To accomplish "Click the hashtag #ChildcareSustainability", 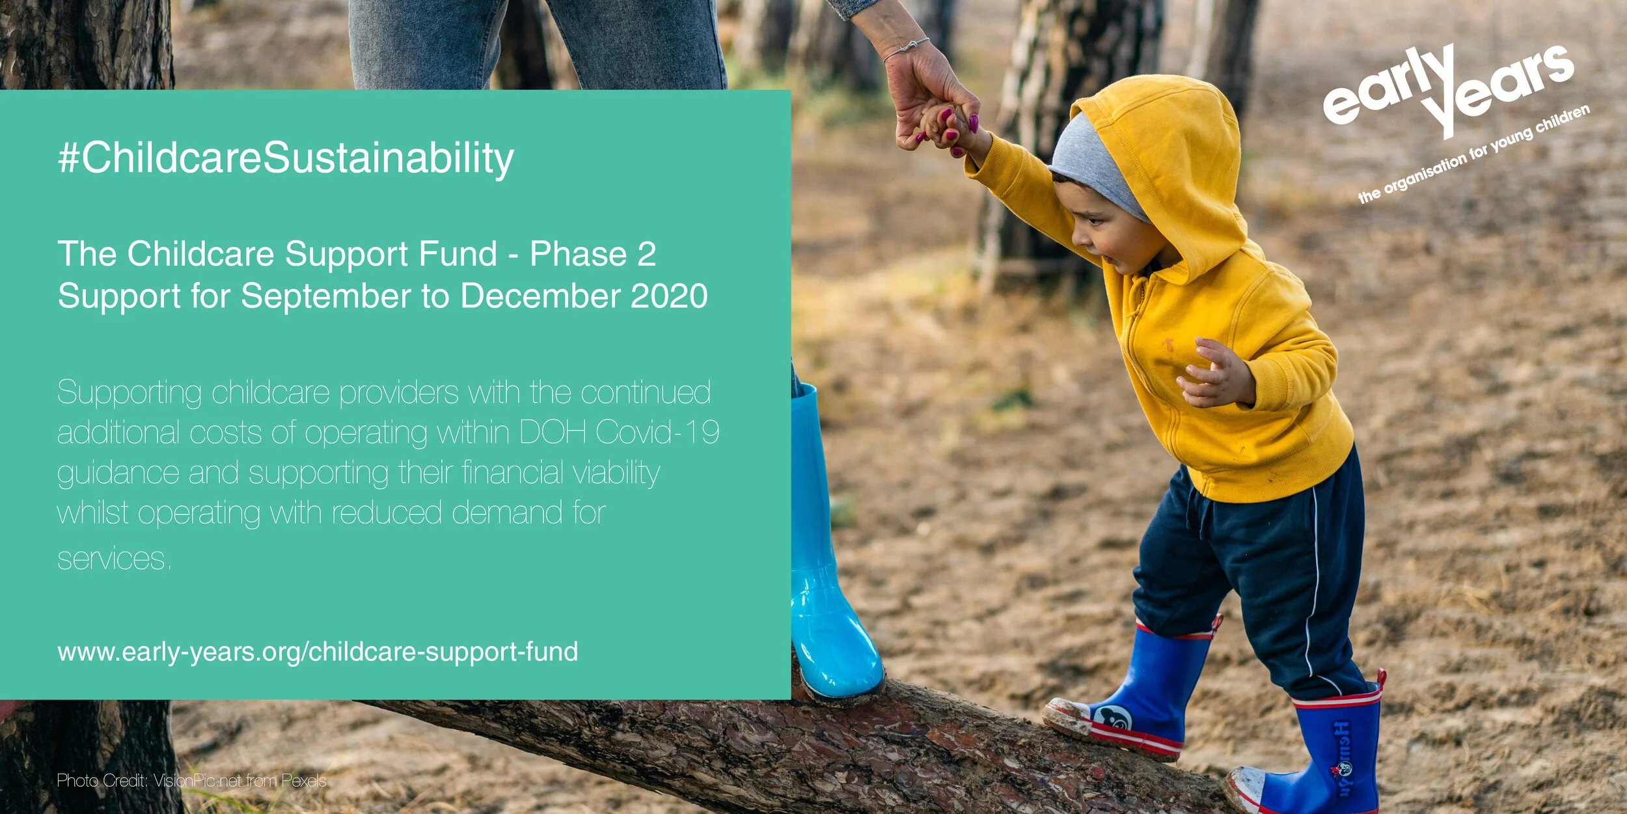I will click(286, 158).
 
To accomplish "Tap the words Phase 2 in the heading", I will click(592, 254).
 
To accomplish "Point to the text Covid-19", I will click(657, 432).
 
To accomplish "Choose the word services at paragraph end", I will click(114, 559).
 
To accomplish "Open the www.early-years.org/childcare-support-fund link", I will click(318, 652).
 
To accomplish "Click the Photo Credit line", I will click(191, 781).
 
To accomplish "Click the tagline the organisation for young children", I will click(1474, 155).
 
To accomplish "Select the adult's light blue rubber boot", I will click(830, 573).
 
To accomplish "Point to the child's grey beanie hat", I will click(1093, 163).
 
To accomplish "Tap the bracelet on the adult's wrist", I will click(906, 49).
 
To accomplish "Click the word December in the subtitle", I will click(540, 296).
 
